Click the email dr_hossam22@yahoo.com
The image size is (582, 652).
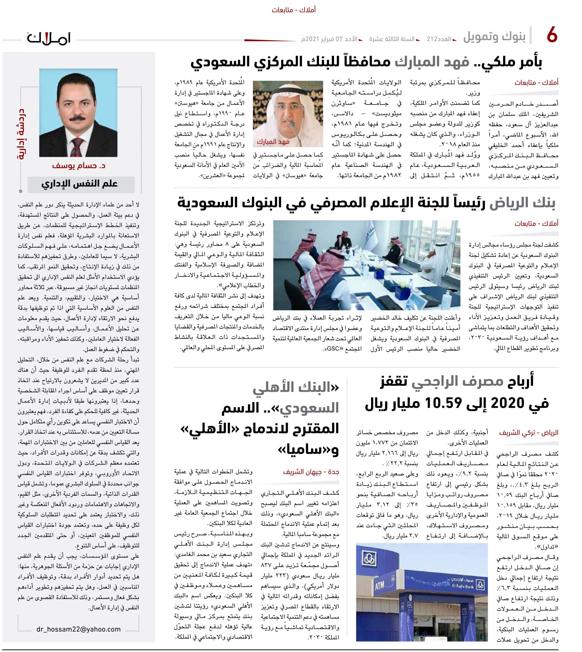(78, 629)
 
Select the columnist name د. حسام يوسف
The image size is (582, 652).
(79, 166)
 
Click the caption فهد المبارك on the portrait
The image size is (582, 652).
(273, 141)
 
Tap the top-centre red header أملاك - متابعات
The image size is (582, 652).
(294, 10)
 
